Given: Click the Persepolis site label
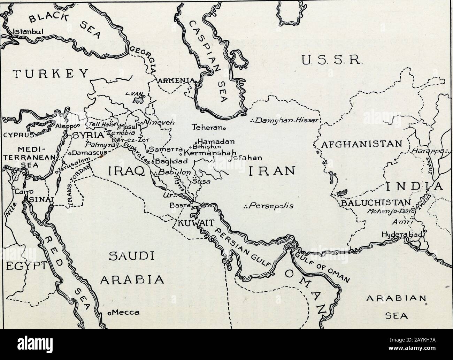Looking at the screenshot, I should click(x=270, y=205).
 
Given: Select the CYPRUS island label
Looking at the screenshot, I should click(x=17, y=135).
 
